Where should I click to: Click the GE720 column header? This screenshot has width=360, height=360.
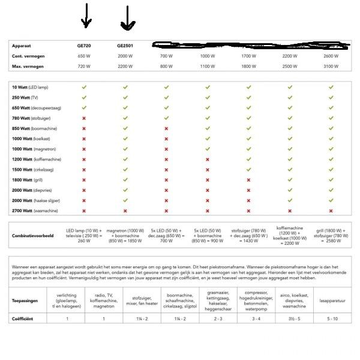(84, 45)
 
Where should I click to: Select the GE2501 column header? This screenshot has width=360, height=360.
(125, 45)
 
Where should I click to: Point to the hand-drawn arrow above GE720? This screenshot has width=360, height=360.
(86, 16)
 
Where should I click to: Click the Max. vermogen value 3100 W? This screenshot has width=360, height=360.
(331, 66)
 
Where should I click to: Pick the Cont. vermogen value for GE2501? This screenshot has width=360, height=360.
(125, 56)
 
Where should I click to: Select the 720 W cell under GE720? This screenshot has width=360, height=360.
(84, 66)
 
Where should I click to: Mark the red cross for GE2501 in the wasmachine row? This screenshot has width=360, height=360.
(125, 211)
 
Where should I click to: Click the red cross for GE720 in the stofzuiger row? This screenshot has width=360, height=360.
(84, 118)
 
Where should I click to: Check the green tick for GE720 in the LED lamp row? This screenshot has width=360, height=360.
(84, 88)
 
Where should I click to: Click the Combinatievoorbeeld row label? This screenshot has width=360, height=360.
(33, 236)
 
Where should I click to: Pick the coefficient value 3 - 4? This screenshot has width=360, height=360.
(256, 319)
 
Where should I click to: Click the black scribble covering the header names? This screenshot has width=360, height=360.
(252, 44)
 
